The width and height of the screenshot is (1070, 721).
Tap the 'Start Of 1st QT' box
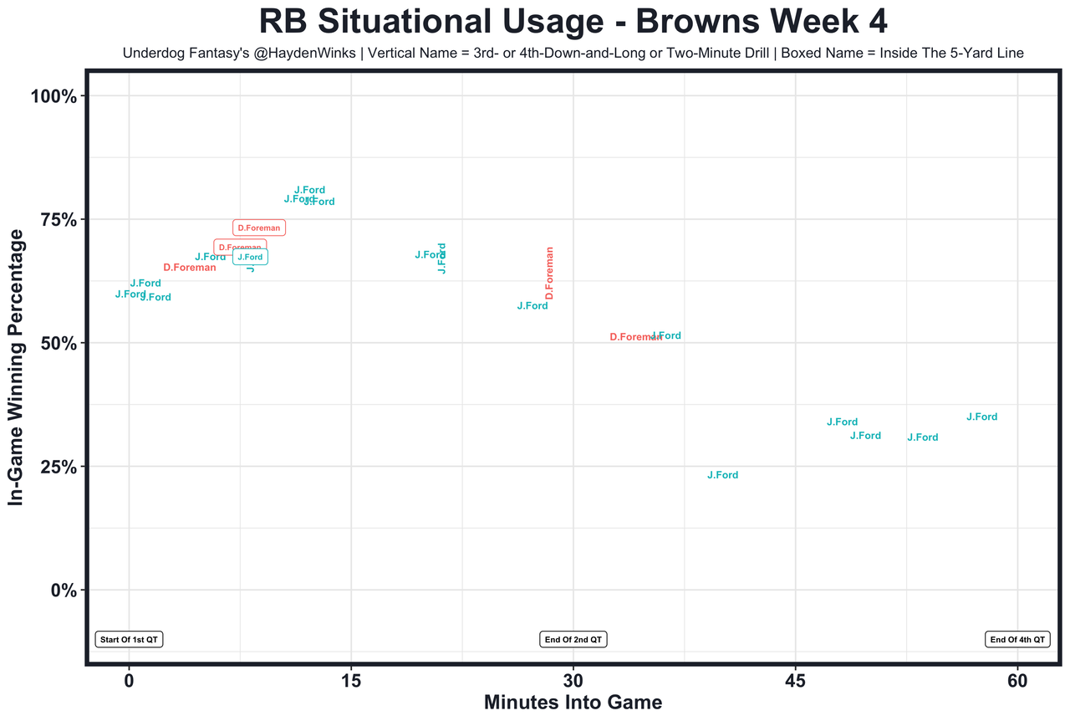128,640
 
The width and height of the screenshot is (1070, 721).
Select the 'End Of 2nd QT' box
573,640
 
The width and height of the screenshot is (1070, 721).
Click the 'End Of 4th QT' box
1017,640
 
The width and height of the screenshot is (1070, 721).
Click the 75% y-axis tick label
59,219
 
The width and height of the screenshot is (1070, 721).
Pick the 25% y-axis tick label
59,467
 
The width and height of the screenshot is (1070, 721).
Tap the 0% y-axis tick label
64,591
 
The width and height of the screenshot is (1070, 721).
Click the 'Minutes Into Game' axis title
573,703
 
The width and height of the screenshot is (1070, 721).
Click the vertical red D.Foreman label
549,273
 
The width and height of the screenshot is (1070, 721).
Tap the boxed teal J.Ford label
250,258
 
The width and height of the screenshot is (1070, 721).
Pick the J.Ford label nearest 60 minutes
981,417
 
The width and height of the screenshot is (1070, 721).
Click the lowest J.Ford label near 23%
722,475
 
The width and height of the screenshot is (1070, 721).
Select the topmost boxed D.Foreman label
259,228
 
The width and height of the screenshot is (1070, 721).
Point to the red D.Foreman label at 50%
634,337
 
